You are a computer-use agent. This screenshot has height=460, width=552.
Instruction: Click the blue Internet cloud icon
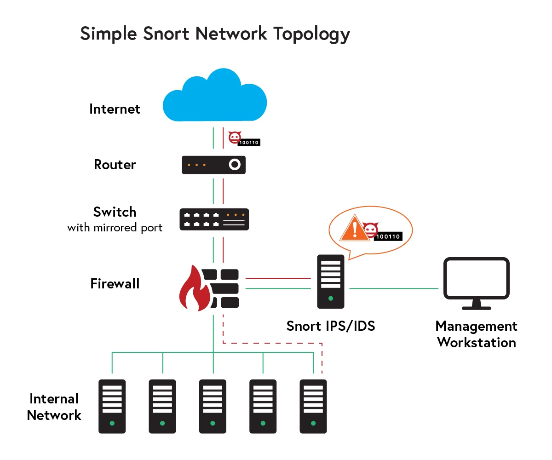coord(215,97)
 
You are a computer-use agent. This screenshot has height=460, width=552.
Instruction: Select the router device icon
coord(213,165)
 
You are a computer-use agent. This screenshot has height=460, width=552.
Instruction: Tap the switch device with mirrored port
coord(213,219)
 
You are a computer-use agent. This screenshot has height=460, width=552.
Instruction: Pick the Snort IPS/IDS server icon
coord(330,281)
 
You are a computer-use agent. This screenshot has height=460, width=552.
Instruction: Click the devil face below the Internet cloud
coord(235,137)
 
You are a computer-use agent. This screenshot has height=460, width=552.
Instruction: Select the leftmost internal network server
coord(112,406)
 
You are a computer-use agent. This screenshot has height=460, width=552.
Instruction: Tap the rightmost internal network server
coord(313,406)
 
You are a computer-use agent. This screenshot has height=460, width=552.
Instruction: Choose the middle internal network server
coord(213,406)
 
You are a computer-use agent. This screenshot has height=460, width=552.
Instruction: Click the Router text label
coord(115,165)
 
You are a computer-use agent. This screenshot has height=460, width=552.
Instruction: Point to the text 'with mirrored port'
coord(115,228)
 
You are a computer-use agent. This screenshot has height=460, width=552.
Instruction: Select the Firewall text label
coord(115,284)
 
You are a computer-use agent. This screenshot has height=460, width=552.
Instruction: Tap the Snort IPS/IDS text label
coord(330,326)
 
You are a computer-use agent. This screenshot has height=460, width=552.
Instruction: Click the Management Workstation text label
coord(476,334)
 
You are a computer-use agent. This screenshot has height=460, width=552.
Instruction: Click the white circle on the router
coord(235,165)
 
